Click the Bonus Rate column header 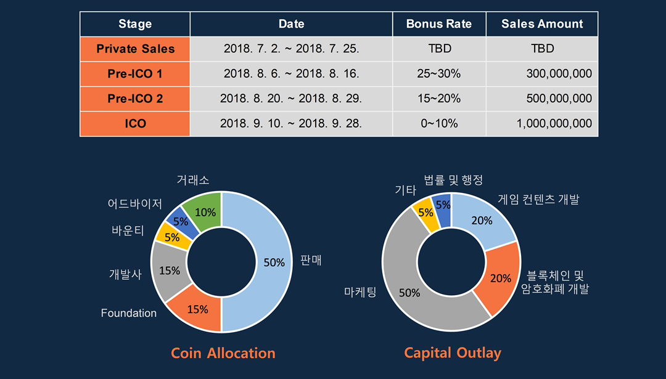click(439, 24)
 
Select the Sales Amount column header click(542, 24)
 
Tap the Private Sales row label click(135, 49)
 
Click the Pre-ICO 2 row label click(135, 99)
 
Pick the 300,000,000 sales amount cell click(542, 73)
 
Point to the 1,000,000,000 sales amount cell click(542, 123)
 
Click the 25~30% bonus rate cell click(439, 73)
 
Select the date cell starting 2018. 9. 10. click(291, 123)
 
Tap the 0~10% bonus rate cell click(439, 123)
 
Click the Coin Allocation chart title click(223, 353)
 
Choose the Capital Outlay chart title click(453, 353)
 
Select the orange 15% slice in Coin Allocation click(197, 309)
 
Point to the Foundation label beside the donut click(129, 313)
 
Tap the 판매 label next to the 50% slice click(311, 259)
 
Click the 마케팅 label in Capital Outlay click(360, 292)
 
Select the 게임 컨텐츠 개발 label click(538, 199)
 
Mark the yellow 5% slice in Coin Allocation click(173, 237)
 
